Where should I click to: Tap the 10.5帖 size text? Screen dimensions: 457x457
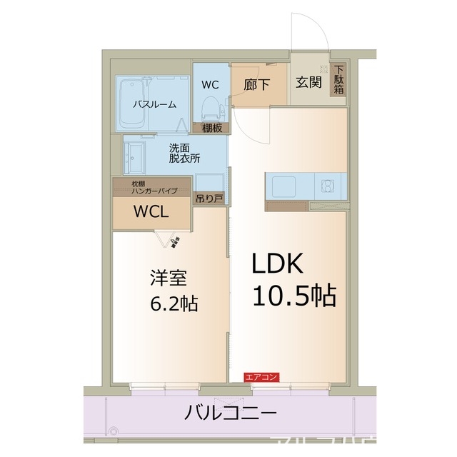coord(293,295)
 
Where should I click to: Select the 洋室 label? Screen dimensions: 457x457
coord(163,276)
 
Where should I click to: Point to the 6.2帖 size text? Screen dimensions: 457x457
coord(174,303)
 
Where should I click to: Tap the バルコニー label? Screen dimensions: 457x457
coord(229,413)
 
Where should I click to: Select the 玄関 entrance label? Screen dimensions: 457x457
coord(308,82)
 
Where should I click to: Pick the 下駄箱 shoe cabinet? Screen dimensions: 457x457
coord(338,79)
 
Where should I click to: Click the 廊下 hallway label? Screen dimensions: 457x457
coord(257,84)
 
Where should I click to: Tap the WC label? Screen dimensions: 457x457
coord(209,84)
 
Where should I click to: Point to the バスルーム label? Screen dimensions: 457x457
coord(154,104)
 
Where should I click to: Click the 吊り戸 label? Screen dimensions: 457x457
coord(209,199)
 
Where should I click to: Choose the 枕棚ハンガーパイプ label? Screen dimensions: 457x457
coord(151,187)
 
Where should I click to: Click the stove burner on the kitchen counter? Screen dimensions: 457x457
coord(329,187)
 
